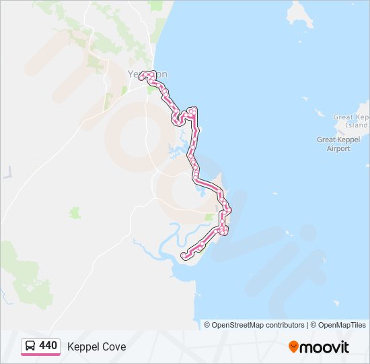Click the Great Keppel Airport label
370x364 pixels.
(x=334, y=144)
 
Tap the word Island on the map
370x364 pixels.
(x=357, y=125)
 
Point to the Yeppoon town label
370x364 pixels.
(x=147, y=74)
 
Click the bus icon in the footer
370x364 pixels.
(x=30, y=346)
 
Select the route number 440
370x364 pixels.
(x=48, y=346)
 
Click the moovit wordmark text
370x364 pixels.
(x=325, y=347)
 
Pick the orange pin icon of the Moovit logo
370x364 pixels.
(x=293, y=347)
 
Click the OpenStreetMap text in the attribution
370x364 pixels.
(x=239, y=325)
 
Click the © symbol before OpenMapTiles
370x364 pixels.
(x=313, y=325)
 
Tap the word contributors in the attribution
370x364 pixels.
(x=285, y=325)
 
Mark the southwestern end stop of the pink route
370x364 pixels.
(x=184, y=255)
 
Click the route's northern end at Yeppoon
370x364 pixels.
(x=141, y=76)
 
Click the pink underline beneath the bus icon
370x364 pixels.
(x=30, y=353)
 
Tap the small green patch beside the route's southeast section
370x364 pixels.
(x=209, y=217)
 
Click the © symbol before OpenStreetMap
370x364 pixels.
(x=207, y=325)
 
